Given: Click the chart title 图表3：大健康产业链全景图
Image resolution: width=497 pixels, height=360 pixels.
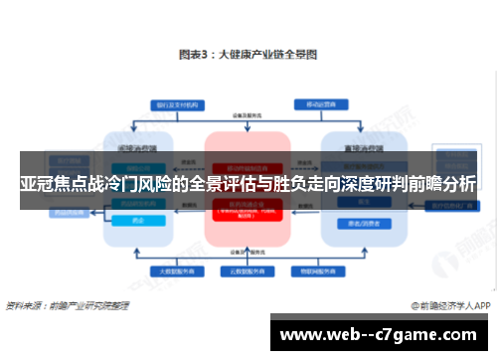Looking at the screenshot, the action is point(248,55).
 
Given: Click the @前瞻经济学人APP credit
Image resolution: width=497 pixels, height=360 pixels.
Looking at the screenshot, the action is point(450,305).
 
